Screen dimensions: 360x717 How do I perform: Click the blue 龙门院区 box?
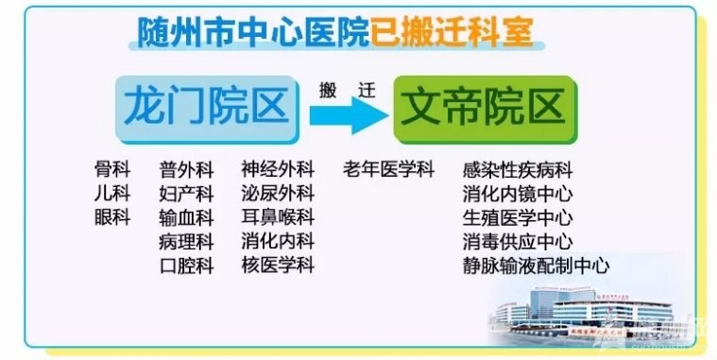point(205,108)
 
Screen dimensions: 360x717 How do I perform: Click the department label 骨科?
point(111,170)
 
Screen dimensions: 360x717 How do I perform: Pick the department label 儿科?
point(111,194)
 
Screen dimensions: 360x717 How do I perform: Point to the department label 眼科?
point(111,217)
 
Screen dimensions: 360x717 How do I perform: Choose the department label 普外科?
point(187,170)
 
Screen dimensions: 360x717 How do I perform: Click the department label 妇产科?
point(187,194)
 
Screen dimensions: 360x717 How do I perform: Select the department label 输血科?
point(187,217)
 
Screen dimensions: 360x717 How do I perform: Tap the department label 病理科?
point(187,241)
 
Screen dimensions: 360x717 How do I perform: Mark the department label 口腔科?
point(187,265)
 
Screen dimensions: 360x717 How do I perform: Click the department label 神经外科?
point(277,170)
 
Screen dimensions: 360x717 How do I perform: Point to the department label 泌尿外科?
point(277,194)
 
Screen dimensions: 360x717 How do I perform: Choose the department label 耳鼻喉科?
point(277,217)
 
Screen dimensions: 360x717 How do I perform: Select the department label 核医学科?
point(277,265)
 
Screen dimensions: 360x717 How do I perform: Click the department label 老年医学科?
point(388,170)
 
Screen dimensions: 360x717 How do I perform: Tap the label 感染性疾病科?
point(518,171)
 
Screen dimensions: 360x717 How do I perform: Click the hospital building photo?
point(585,311)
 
